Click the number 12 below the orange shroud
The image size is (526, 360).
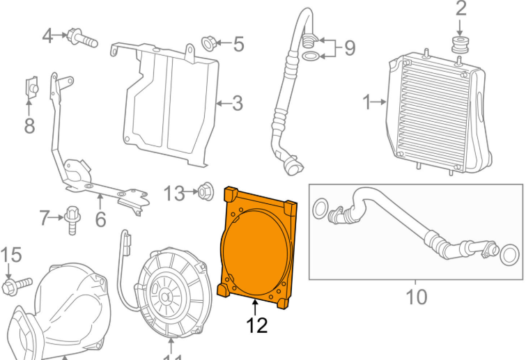pos(256,325)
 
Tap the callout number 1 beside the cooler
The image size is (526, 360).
pos(367,103)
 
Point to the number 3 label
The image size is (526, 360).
pos(238,104)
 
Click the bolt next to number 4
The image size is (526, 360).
pos(81,39)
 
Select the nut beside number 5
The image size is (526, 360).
pos(208,44)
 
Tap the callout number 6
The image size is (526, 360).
pos(100,220)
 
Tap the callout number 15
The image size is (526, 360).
pos(10,256)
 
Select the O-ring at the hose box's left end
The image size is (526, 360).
pos(322,208)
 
